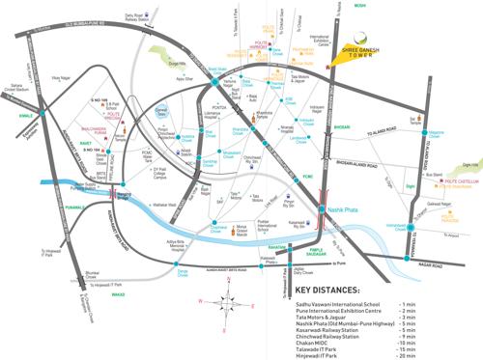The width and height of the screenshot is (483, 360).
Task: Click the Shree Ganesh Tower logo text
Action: (368, 52)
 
